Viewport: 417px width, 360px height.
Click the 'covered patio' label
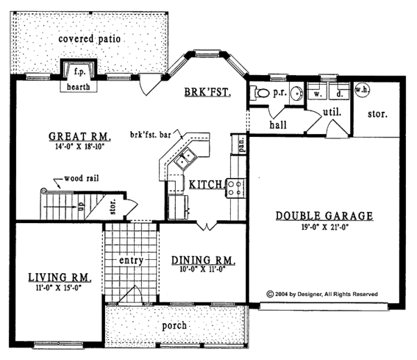[90, 39]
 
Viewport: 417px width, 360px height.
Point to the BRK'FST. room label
[207, 92]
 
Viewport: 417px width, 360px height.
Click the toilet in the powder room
[261, 92]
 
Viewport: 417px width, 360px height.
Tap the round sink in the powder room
[295, 94]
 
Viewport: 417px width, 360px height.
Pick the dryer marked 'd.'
[340, 92]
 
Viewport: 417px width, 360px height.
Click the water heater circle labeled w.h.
[361, 90]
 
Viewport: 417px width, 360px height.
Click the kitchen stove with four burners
[234, 187]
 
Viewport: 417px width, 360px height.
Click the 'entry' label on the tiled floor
[131, 261]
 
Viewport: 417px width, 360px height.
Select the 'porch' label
[174, 326]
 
